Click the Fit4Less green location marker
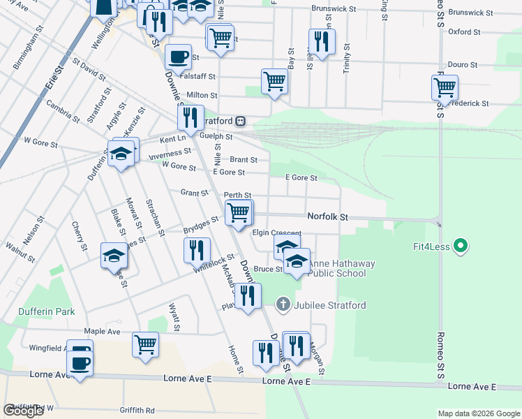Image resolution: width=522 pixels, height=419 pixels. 459,246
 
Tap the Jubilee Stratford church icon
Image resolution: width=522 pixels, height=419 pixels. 283,304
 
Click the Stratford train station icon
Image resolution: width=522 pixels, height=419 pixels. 240,121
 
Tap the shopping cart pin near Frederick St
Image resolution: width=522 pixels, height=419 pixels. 445,88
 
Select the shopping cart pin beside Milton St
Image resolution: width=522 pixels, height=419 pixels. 274,81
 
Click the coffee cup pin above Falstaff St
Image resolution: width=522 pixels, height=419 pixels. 177,57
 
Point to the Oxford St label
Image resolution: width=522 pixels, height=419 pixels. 464,32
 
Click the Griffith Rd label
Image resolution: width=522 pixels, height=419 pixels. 137,411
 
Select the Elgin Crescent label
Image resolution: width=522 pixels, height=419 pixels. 276,233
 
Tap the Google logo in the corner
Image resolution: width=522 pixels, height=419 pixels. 23,411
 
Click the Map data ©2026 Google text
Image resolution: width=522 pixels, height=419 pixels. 479,413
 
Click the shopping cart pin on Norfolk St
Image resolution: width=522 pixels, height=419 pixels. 239,212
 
